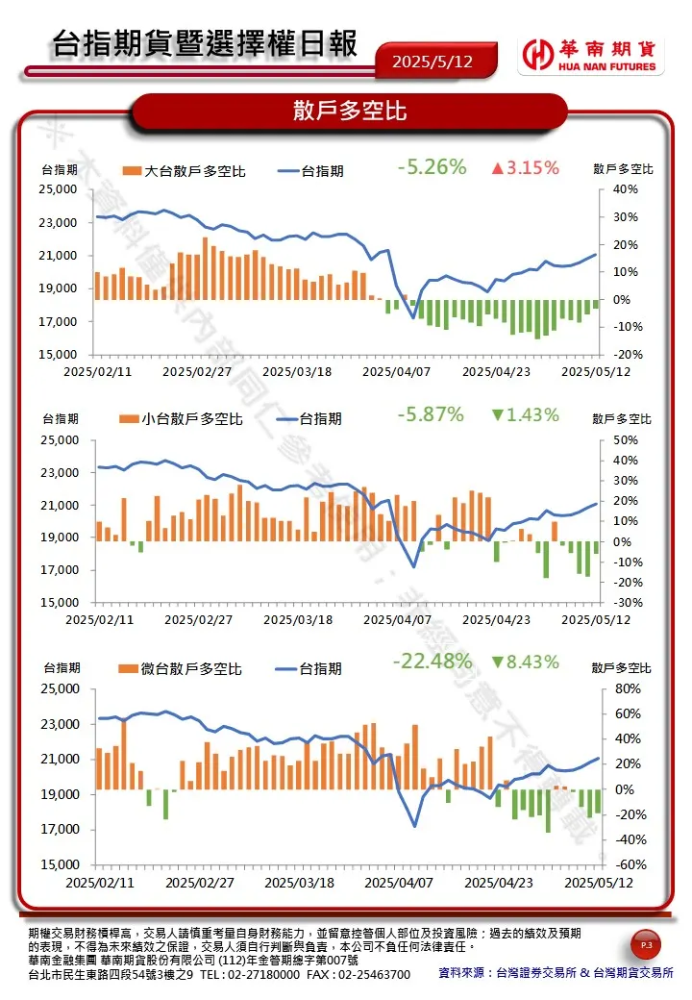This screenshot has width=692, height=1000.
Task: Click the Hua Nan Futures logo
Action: [588, 56]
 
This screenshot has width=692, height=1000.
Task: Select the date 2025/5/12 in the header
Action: [432, 62]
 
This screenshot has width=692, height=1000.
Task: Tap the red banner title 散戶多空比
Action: [350, 111]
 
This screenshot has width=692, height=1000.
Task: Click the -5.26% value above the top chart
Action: [432, 167]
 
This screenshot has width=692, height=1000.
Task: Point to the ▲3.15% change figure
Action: [524, 168]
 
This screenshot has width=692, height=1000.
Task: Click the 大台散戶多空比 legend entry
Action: [185, 171]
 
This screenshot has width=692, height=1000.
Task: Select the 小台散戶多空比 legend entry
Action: [182, 419]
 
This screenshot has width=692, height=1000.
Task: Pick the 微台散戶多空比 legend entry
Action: [181, 668]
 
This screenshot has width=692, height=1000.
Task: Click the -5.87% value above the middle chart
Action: [430, 414]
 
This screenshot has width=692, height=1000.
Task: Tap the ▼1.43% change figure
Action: [524, 415]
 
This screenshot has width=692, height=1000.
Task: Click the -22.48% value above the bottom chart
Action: [432, 662]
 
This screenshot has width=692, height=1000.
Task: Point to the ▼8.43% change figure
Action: [524, 662]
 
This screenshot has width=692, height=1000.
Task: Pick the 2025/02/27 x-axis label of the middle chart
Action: [198, 620]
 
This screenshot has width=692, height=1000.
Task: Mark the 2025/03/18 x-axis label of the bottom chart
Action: [299, 882]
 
